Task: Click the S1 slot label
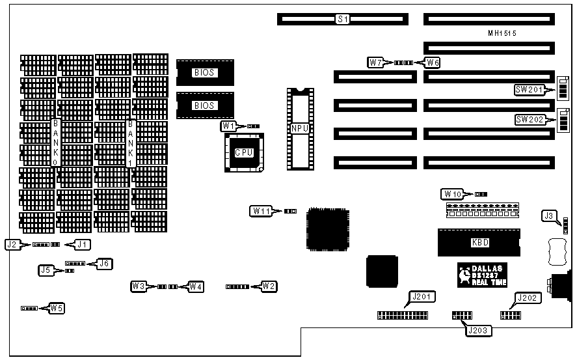(343, 20)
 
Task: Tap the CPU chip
(244, 152)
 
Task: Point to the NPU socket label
(300, 128)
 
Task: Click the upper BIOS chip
(204, 72)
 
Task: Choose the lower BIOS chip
(204, 105)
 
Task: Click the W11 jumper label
(262, 210)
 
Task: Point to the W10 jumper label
(453, 193)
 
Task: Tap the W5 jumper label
(57, 307)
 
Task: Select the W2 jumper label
(269, 286)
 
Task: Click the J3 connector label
(550, 215)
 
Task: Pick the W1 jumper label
(228, 126)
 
